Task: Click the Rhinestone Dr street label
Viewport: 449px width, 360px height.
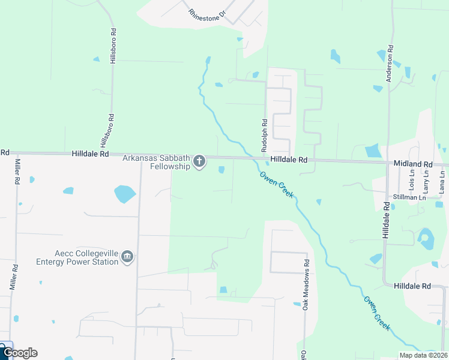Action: click(205, 13)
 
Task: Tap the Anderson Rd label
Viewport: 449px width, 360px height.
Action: click(390, 55)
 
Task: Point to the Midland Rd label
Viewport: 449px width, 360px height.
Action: click(413, 163)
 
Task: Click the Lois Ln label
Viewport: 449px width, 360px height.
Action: click(412, 176)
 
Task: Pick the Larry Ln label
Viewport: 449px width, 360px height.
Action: click(426, 178)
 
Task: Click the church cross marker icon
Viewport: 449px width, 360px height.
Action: click(199, 161)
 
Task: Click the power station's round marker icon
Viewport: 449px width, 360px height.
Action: click(127, 257)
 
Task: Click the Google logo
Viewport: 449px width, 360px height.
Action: click(20, 353)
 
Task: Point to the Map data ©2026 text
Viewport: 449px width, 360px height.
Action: click(423, 355)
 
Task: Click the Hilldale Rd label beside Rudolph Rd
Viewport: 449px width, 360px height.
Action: click(289, 160)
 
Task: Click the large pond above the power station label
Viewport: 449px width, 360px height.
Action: click(125, 193)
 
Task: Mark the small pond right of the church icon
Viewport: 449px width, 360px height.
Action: click(221, 170)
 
